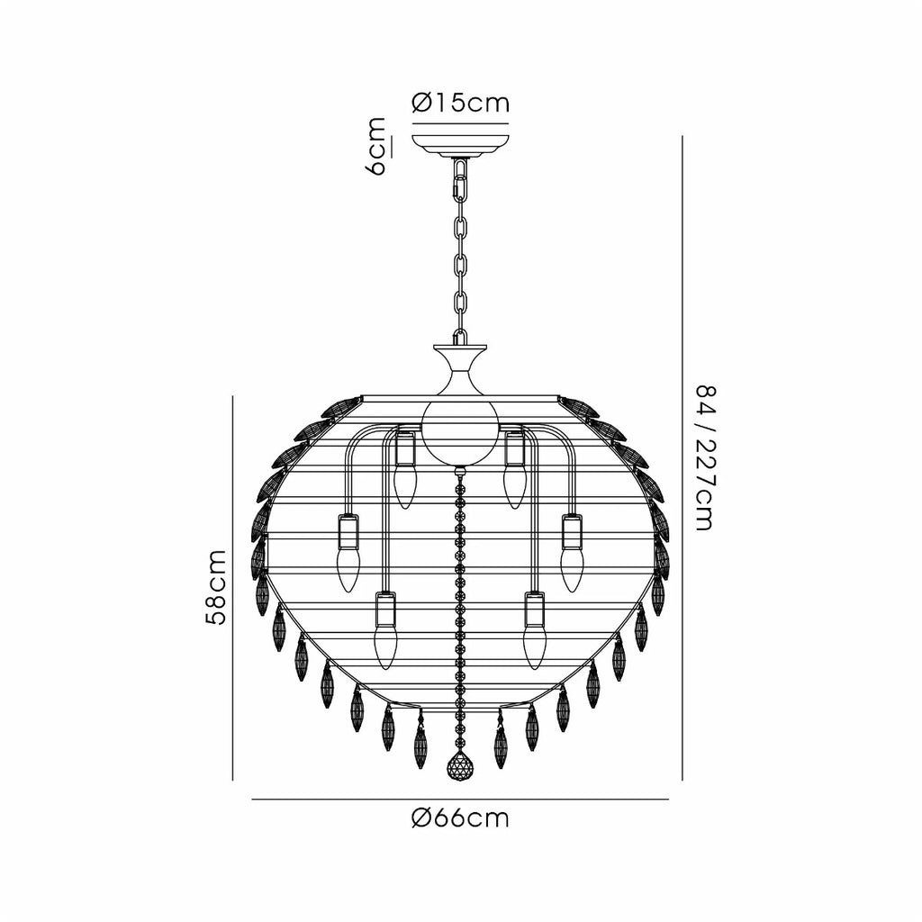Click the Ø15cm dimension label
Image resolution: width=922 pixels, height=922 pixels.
[460, 104]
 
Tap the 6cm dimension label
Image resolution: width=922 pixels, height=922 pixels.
[377, 147]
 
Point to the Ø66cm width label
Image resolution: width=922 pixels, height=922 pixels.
[460, 818]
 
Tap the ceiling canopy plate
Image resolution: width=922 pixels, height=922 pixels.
[460, 145]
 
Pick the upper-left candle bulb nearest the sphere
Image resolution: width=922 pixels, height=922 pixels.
[404, 487]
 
